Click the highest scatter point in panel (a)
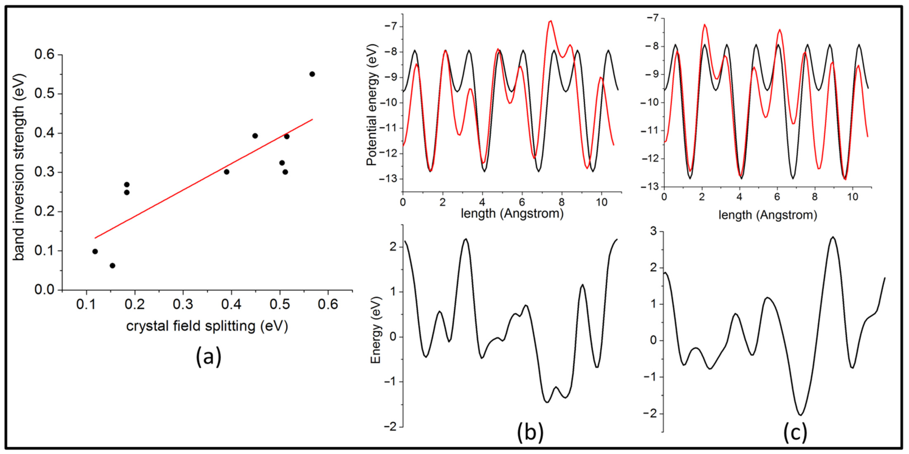(312, 74)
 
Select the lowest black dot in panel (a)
(112, 265)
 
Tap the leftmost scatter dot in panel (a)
(95, 251)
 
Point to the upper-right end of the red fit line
(312, 119)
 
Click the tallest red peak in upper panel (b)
(550, 21)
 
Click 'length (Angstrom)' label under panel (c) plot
(768, 215)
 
